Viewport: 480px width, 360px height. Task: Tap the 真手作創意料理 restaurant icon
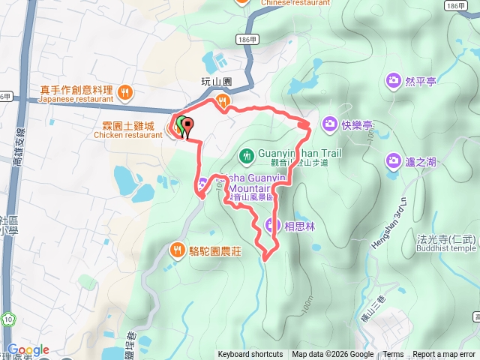[125, 92]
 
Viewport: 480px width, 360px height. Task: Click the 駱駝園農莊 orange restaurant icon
[177, 249]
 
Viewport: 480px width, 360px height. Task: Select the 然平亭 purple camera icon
[393, 80]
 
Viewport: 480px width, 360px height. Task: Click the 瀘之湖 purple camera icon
[393, 160]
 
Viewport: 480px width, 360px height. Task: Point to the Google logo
[28, 350]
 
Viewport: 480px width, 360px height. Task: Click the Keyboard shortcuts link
[250, 355]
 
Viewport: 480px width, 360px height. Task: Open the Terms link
[393, 355]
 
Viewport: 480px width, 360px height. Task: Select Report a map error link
[445, 355]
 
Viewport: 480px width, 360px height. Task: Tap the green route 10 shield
[7, 319]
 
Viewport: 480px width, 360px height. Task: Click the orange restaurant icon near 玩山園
[221, 100]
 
